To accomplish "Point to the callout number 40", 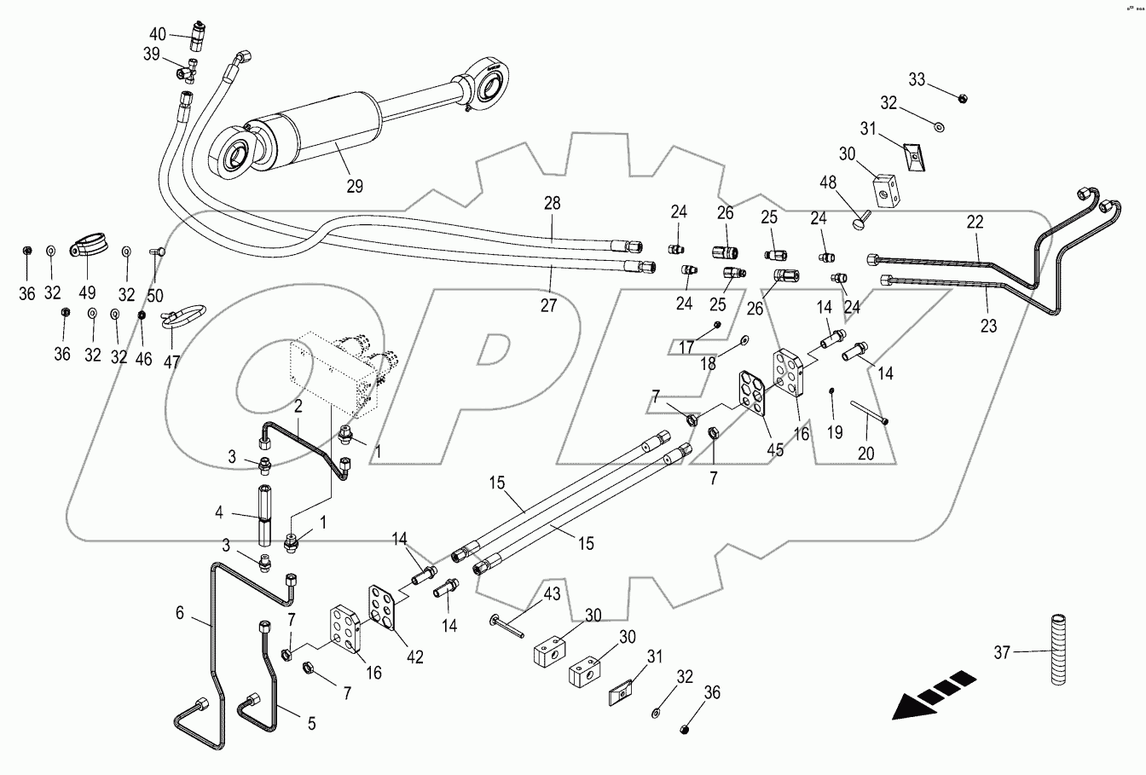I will pyautogui.click(x=158, y=34).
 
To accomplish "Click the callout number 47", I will pyautogui.click(x=172, y=361).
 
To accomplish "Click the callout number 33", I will pyautogui.click(x=917, y=80).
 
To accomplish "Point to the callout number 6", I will pyautogui.click(x=180, y=612).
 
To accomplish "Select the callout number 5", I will pyautogui.click(x=311, y=724).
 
